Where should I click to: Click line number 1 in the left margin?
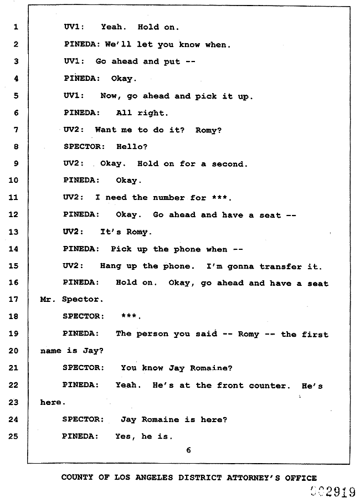point(16,27)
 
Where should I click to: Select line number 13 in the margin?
point(13,232)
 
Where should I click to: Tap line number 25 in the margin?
point(13,437)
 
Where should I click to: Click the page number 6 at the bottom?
point(188,450)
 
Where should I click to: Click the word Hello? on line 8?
point(132,147)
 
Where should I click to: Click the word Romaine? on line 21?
point(211,368)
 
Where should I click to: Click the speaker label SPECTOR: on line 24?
point(83,419)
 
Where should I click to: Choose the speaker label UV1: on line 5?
point(74,96)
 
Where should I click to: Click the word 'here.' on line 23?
point(53,402)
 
